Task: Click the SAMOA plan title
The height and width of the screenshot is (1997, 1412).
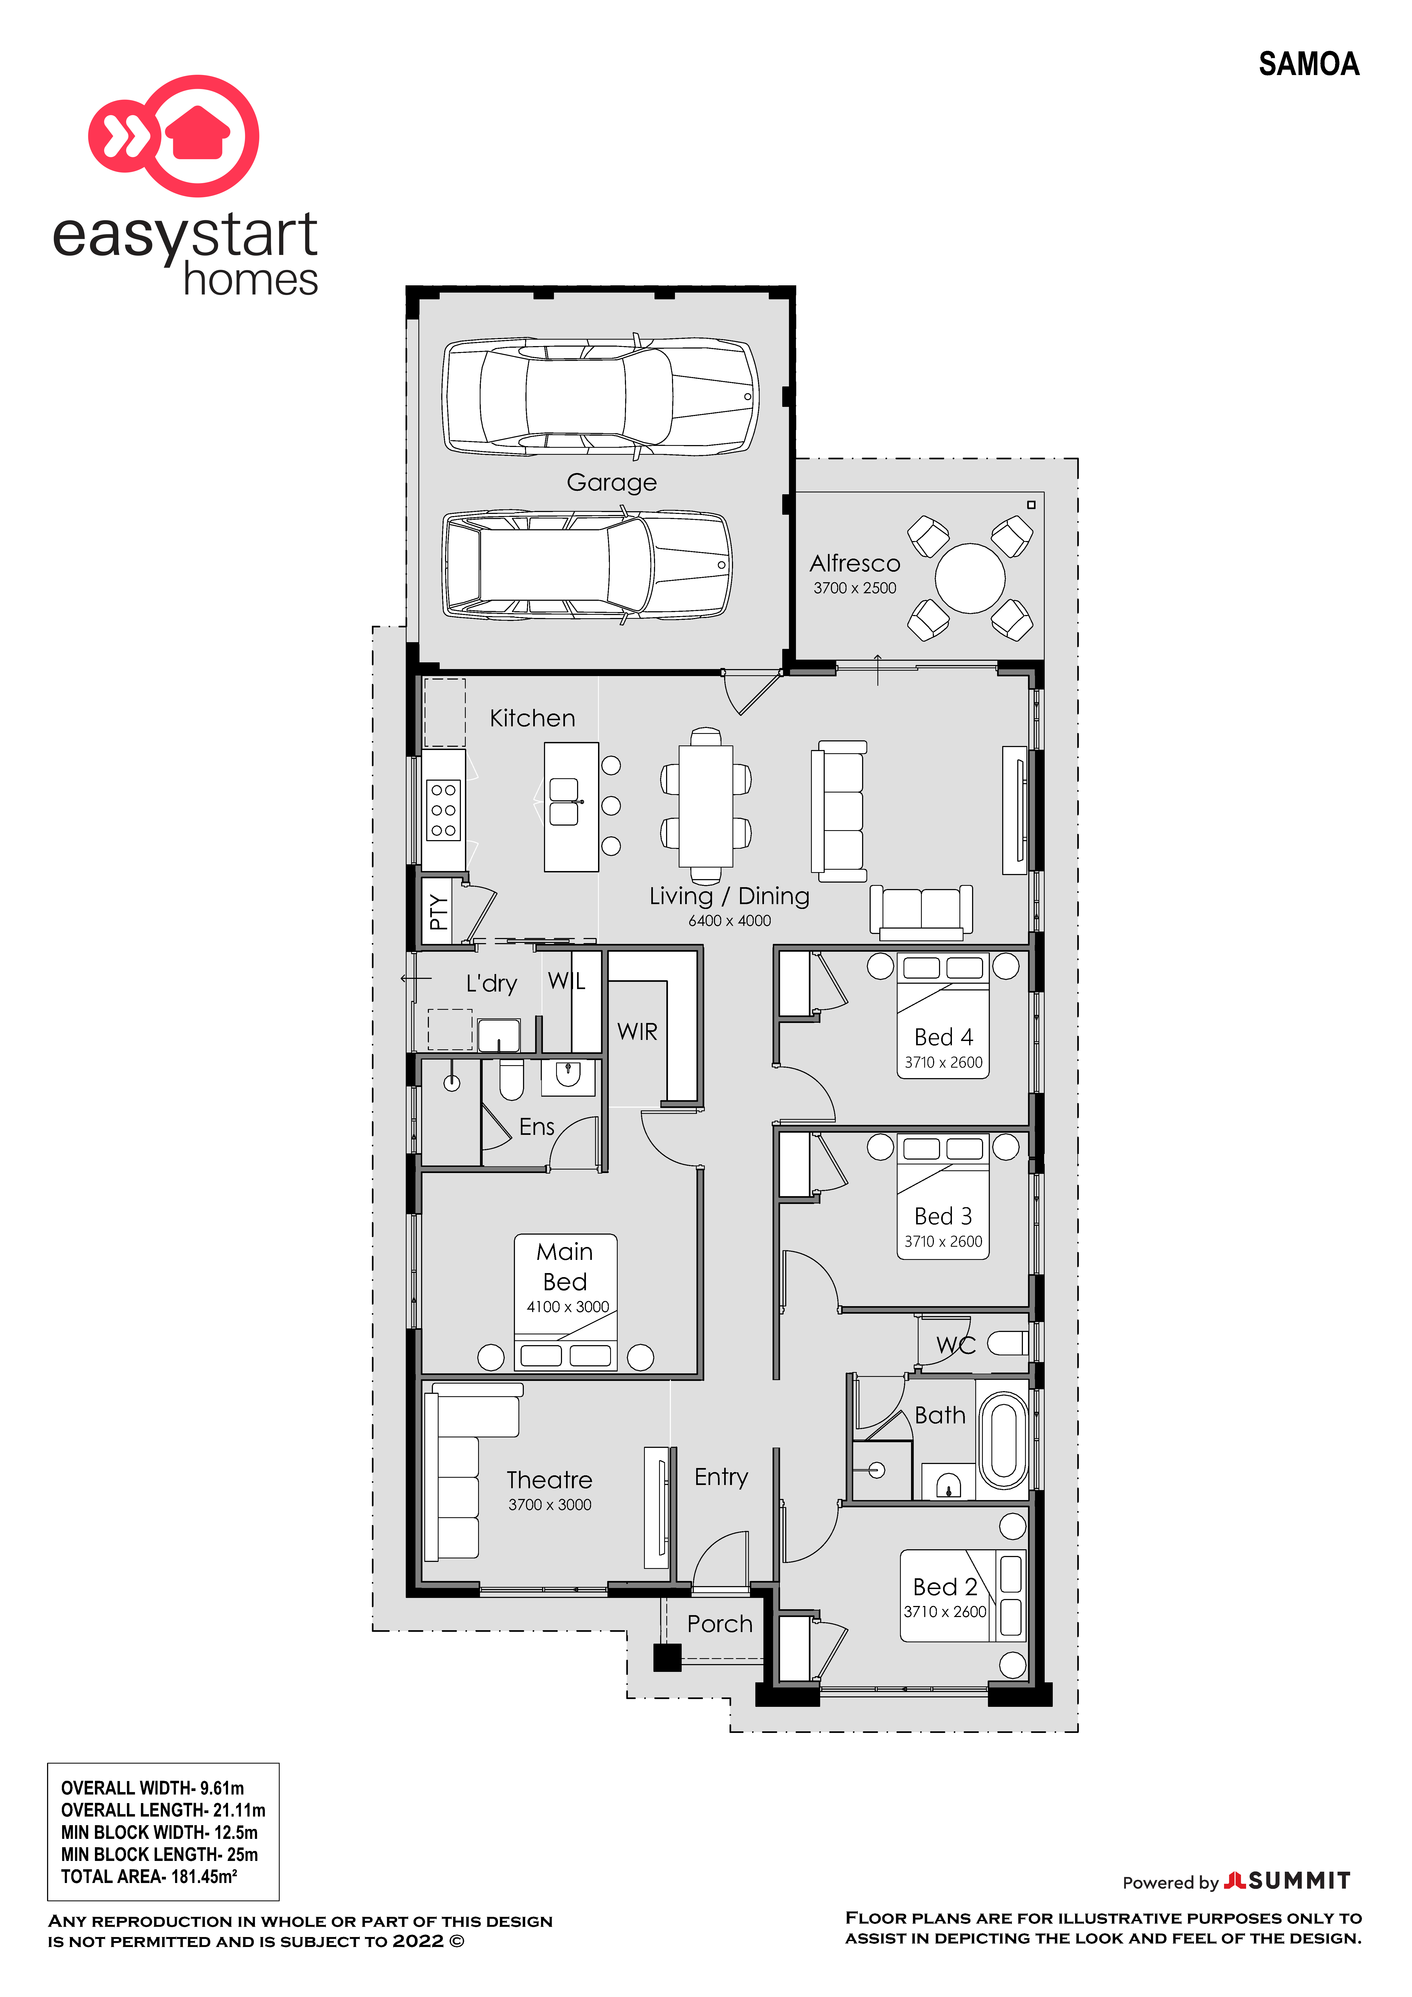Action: click(1308, 64)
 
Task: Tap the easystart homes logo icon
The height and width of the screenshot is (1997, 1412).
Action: click(174, 136)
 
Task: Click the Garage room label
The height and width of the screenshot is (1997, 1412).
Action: click(611, 483)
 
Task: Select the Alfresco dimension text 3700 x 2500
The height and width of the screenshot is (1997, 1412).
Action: click(855, 588)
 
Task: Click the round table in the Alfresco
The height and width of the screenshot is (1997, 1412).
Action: click(970, 578)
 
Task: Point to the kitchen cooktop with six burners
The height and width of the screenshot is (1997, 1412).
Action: click(443, 810)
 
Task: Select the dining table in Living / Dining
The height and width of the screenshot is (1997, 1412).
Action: click(706, 805)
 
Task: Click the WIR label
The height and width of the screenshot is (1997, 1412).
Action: click(637, 1032)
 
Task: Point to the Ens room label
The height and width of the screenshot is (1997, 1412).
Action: click(536, 1127)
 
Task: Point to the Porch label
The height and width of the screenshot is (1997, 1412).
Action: click(720, 1624)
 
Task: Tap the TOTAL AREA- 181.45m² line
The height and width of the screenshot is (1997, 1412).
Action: click(149, 1876)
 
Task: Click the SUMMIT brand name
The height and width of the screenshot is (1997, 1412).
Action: click(1299, 1881)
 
